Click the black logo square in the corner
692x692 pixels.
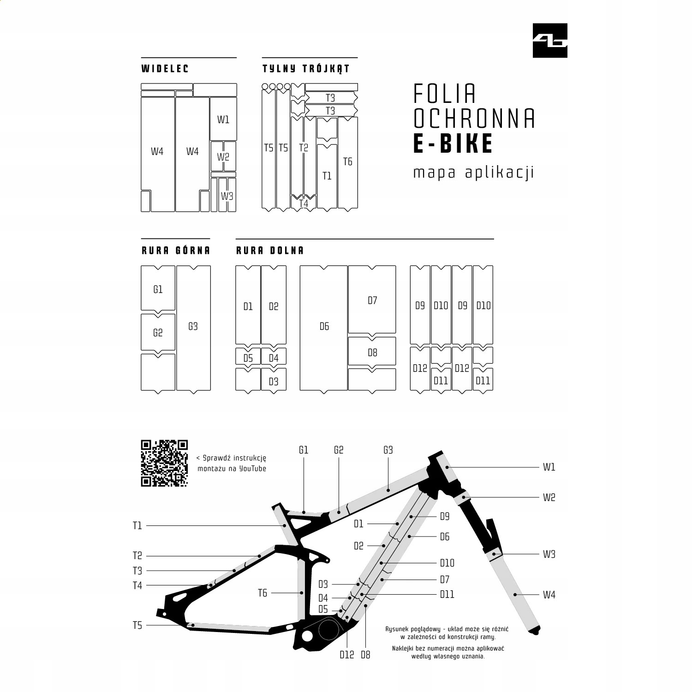(x=550, y=41)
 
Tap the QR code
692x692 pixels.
(x=164, y=463)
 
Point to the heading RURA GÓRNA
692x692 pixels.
(x=175, y=251)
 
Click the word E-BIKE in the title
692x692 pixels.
(x=453, y=143)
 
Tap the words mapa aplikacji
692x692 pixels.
(x=473, y=173)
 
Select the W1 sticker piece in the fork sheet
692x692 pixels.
(x=223, y=119)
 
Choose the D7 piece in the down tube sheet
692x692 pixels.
(x=372, y=300)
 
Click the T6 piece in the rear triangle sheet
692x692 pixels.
(x=348, y=161)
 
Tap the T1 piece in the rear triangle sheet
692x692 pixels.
(x=327, y=176)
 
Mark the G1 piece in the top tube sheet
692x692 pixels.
(x=158, y=289)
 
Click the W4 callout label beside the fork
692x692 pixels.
(x=549, y=595)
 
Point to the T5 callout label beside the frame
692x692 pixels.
(x=137, y=626)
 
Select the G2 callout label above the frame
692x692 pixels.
(x=339, y=450)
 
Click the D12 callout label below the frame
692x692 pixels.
(x=347, y=655)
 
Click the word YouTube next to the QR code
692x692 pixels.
(x=253, y=469)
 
